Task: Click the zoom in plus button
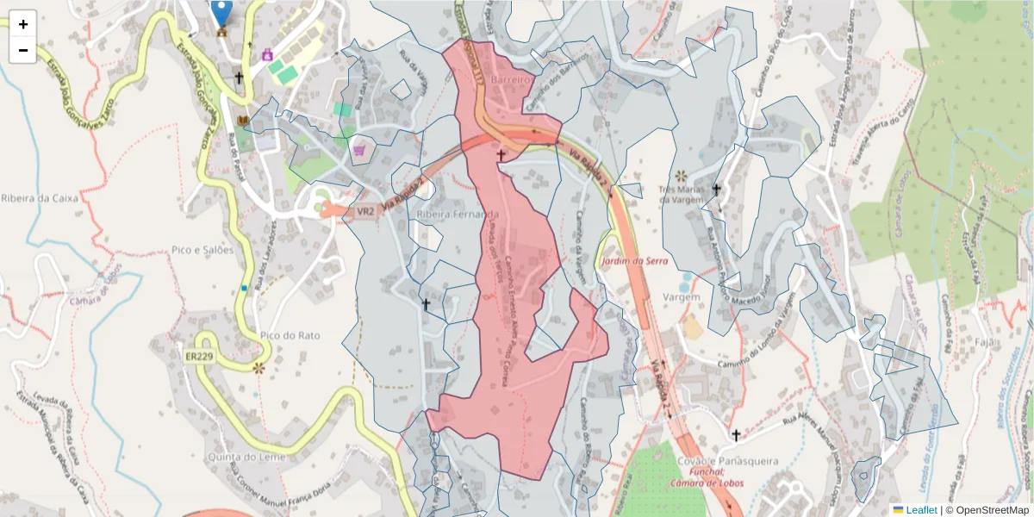pyautogui.click(x=23, y=24)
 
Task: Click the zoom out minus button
pyautogui.click(x=23, y=50)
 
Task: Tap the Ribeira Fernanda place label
pyautogui.click(x=458, y=214)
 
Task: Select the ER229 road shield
pyautogui.click(x=199, y=355)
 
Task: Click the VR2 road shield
pyautogui.click(x=365, y=211)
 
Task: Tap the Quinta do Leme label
pyautogui.click(x=246, y=456)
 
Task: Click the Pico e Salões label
pyautogui.click(x=203, y=250)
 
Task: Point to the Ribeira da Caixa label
pyautogui.click(x=40, y=197)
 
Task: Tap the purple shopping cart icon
pyautogui.click(x=359, y=150)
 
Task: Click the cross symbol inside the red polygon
pyautogui.click(x=501, y=154)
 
